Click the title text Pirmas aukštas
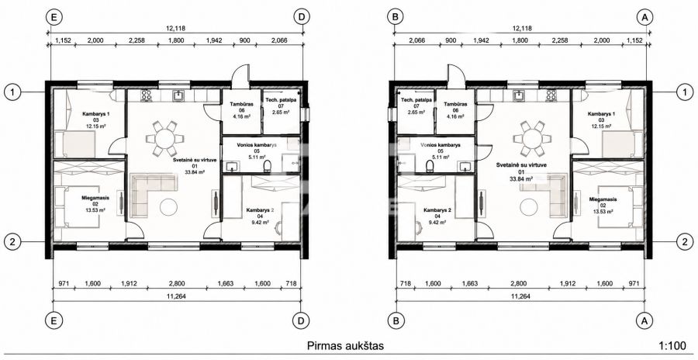(x=345, y=346)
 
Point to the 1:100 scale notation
(x=672, y=346)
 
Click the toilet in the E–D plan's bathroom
(x=268, y=166)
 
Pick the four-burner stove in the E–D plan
(x=147, y=95)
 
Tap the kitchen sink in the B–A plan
(x=520, y=95)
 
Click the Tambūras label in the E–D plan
(x=242, y=104)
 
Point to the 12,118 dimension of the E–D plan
(x=175, y=28)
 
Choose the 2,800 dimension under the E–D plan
(x=177, y=283)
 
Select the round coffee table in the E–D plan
(x=169, y=206)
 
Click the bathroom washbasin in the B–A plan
(x=465, y=167)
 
